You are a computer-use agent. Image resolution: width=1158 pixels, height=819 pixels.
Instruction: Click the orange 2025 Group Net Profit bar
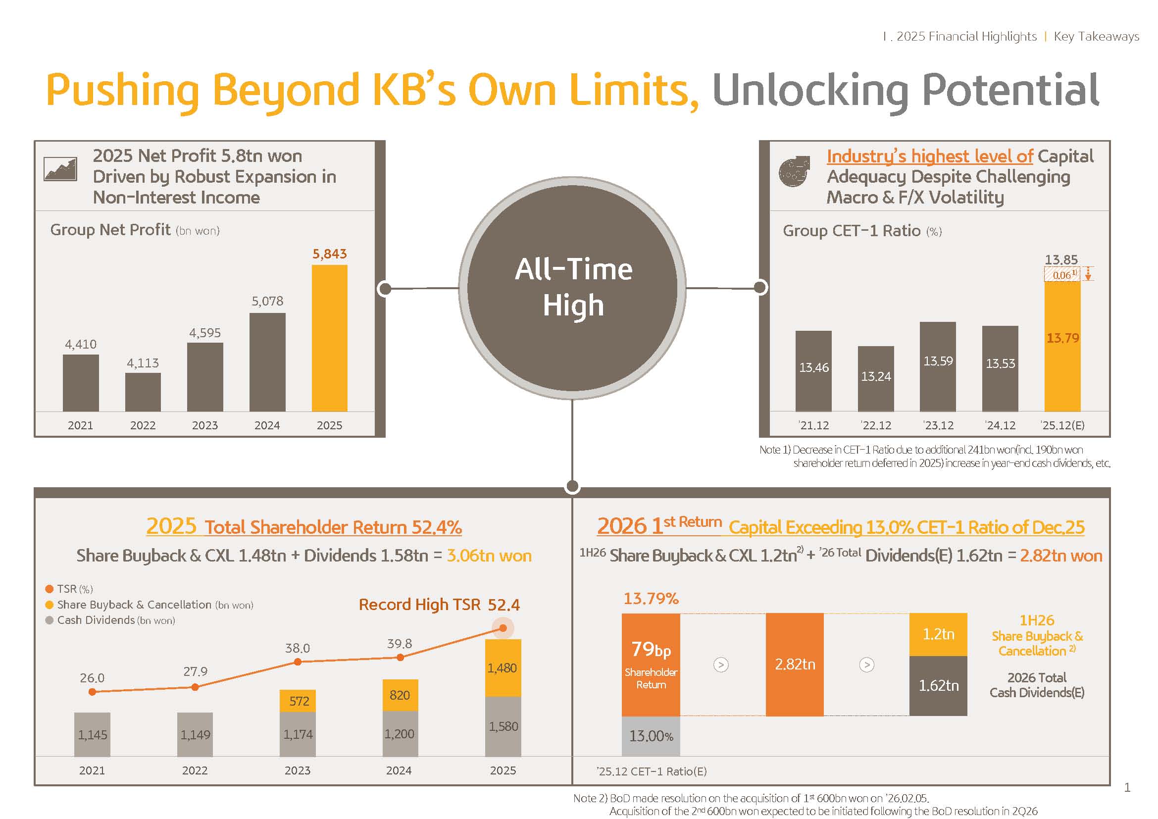pyautogui.click(x=329, y=338)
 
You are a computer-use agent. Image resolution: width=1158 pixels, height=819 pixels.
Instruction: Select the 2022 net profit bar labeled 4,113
pyautogui.click(x=143, y=392)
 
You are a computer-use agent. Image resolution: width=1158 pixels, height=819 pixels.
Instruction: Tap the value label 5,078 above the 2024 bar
pyautogui.click(x=267, y=301)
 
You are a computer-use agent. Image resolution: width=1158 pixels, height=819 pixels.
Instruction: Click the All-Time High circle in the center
pyautogui.click(x=572, y=288)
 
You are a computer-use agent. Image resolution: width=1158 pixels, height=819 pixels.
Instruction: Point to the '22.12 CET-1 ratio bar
pyautogui.click(x=876, y=378)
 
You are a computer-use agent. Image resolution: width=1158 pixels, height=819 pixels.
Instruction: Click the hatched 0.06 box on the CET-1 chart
pyautogui.click(x=1062, y=275)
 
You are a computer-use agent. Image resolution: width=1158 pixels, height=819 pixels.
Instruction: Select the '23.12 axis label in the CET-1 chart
pyautogui.click(x=938, y=425)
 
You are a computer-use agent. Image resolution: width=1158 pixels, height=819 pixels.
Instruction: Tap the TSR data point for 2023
pyautogui.click(x=298, y=662)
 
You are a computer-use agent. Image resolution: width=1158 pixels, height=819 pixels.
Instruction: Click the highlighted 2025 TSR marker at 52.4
pyautogui.click(x=503, y=628)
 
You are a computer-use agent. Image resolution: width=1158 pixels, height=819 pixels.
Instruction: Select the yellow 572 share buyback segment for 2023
pyautogui.click(x=298, y=701)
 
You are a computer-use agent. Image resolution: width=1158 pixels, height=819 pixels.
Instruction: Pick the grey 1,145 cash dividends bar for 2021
pyautogui.click(x=92, y=734)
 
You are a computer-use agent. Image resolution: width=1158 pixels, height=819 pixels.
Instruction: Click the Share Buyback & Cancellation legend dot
pyautogui.click(x=50, y=605)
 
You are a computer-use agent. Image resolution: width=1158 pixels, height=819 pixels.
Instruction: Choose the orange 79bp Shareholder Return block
pyautogui.click(x=651, y=664)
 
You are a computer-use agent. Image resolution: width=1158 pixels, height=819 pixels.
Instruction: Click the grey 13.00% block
pyautogui.click(x=651, y=736)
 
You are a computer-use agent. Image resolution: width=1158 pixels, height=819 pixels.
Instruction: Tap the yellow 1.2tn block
pyautogui.click(x=938, y=634)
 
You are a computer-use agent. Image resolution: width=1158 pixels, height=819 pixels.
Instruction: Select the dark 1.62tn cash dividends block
pyautogui.click(x=938, y=685)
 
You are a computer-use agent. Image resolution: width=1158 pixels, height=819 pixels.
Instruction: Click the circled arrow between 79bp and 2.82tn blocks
pyautogui.click(x=721, y=665)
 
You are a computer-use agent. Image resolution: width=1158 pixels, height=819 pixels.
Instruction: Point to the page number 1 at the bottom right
pyautogui.click(x=1127, y=787)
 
